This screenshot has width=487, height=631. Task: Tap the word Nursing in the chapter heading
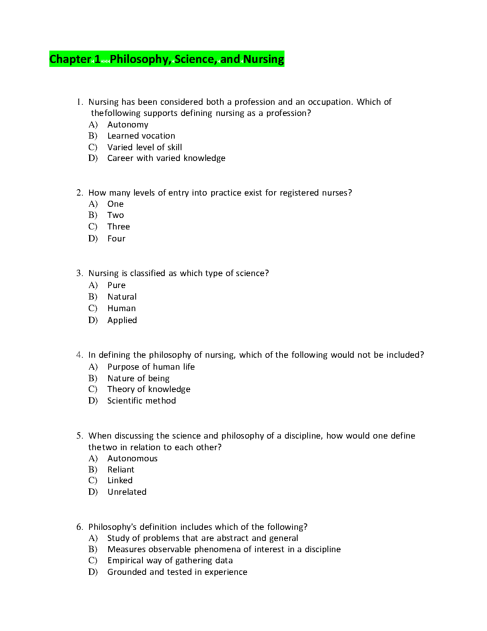(x=264, y=59)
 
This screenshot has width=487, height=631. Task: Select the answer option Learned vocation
(x=141, y=136)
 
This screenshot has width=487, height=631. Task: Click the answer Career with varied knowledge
(x=166, y=158)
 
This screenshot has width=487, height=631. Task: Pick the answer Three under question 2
(x=119, y=227)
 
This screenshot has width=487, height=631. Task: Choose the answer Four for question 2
(x=116, y=239)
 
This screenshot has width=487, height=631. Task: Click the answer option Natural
(x=122, y=297)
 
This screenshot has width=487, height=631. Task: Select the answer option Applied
(x=122, y=320)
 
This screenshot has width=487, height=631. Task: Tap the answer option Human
(x=121, y=308)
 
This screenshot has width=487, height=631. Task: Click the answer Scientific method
(x=141, y=401)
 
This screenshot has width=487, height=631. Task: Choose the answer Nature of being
(x=138, y=378)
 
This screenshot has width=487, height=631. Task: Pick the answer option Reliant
(x=121, y=470)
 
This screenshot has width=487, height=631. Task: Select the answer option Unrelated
(x=127, y=492)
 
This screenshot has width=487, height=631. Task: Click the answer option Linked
(x=120, y=480)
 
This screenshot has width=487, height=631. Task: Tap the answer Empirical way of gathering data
(x=170, y=560)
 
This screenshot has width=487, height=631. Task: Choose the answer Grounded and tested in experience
(x=177, y=572)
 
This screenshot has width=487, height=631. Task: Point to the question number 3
(x=79, y=273)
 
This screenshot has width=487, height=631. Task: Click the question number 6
(x=79, y=527)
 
